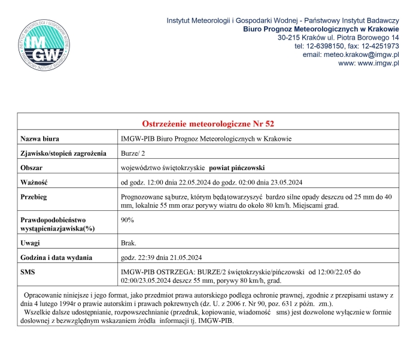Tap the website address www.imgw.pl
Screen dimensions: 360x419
pos(378,63)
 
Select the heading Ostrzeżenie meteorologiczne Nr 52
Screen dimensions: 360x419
pos(208,124)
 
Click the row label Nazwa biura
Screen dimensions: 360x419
pos(40,139)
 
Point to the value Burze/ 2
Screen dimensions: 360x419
pos(133,153)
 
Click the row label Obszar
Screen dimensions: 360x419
pos(32,168)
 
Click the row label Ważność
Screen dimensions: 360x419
pos(34,182)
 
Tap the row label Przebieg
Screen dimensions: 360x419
pos(34,196)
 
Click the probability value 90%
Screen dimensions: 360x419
pos(127,220)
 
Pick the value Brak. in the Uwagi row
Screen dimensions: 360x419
pos(129,243)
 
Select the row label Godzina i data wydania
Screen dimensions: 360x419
pos(56,258)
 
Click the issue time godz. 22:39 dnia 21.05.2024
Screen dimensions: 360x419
pos(161,258)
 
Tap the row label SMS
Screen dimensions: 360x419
pos(28,272)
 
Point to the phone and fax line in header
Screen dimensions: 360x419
pos(346,46)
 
